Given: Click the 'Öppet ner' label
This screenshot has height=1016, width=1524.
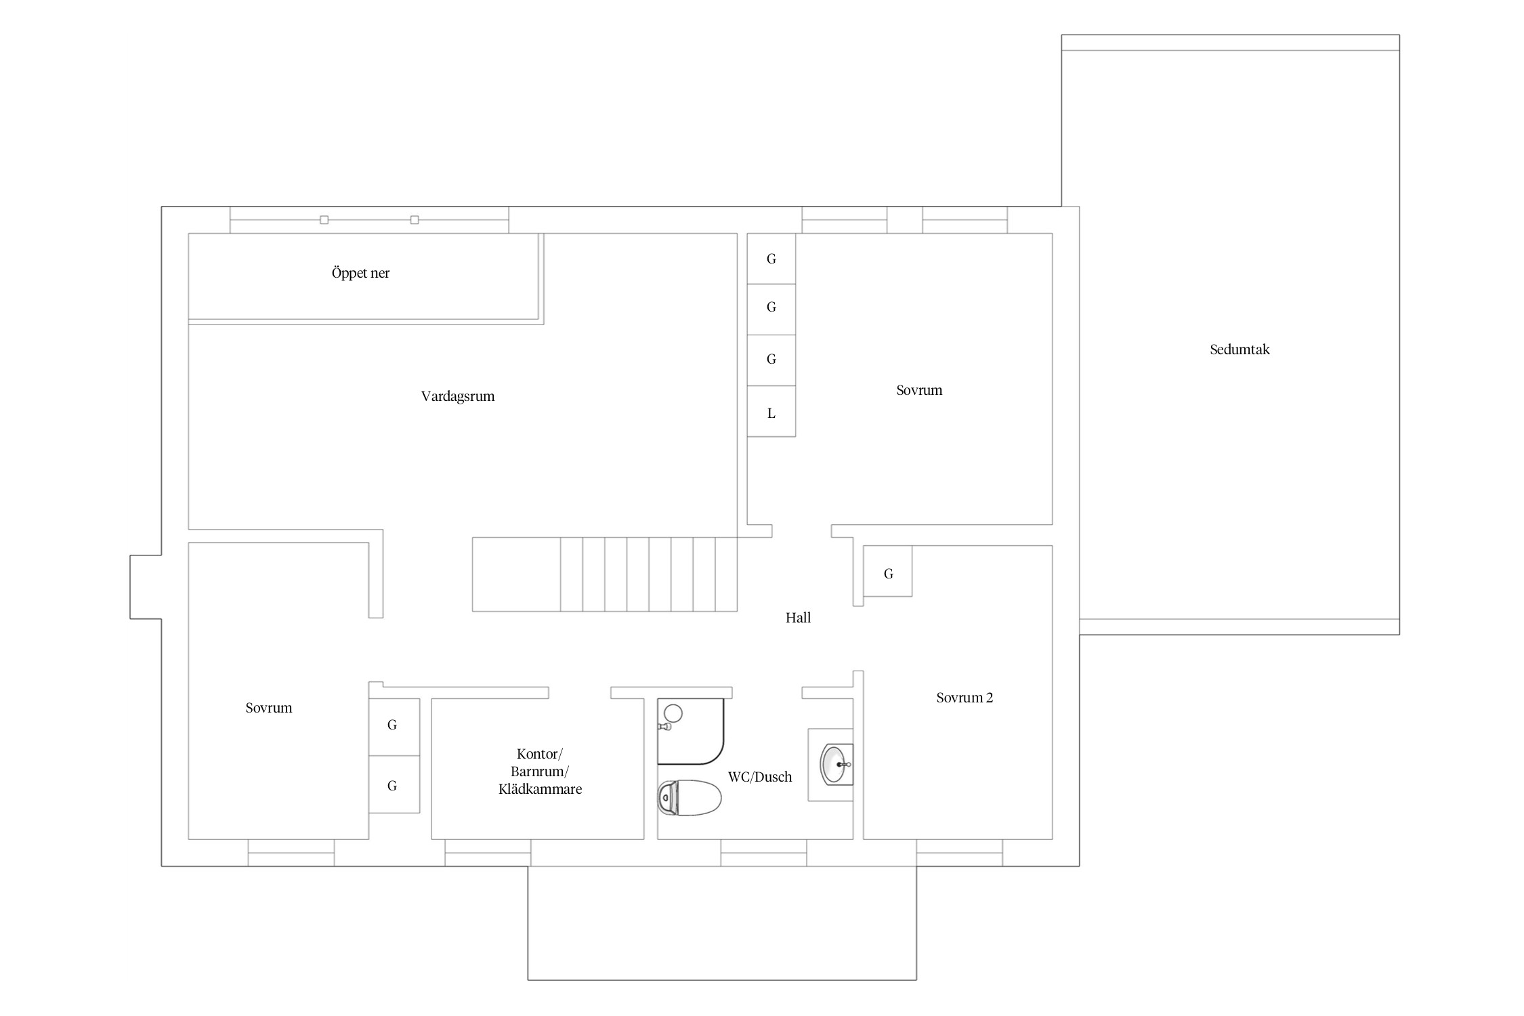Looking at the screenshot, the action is pyautogui.click(x=360, y=273).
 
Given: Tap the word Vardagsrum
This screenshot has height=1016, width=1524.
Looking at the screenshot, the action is pyautogui.click(x=458, y=396).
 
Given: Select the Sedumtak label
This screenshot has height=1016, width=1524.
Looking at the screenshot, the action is pyautogui.click(x=1240, y=350).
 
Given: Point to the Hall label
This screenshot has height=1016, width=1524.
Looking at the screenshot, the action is pyautogui.click(x=798, y=617).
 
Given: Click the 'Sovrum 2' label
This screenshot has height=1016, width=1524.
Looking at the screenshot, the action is pyautogui.click(x=965, y=698).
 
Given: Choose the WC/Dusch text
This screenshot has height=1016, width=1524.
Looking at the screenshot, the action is pyautogui.click(x=760, y=777).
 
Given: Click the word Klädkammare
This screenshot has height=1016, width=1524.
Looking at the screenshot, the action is pyautogui.click(x=540, y=789).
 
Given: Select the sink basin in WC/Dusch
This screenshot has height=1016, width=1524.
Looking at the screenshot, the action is pyautogui.click(x=837, y=764).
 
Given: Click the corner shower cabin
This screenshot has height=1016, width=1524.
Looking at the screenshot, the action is pyautogui.click(x=690, y=732).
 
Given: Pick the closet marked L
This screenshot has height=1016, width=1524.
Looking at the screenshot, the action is pyautogui.click(x=771, y=412).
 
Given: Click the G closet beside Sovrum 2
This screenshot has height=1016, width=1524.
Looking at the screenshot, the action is pyautogui.click(x=888, y=571).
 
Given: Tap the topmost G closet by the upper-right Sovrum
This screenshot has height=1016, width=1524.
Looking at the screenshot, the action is pyautogui.click(x=771, y=259).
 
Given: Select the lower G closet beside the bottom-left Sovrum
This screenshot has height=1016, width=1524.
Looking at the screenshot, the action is pyautogui.click(x=394, y=784).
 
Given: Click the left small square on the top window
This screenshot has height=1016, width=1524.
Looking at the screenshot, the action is pyautogui.click(x=324, y=219).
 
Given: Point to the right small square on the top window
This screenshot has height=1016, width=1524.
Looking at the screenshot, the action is pyautogui.click(x=415, y=219).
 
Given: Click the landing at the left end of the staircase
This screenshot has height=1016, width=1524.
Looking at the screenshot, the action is pyautogui.click(x=516, y=574).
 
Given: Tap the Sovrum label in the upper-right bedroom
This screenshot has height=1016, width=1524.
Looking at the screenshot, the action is pyautogui.click(x=919, y=390).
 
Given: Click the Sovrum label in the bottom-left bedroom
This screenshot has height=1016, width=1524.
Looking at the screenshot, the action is pyautogui.click(x=269, y=708).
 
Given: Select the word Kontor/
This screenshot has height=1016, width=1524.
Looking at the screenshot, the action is pyautogui.click(x=540, y=754).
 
